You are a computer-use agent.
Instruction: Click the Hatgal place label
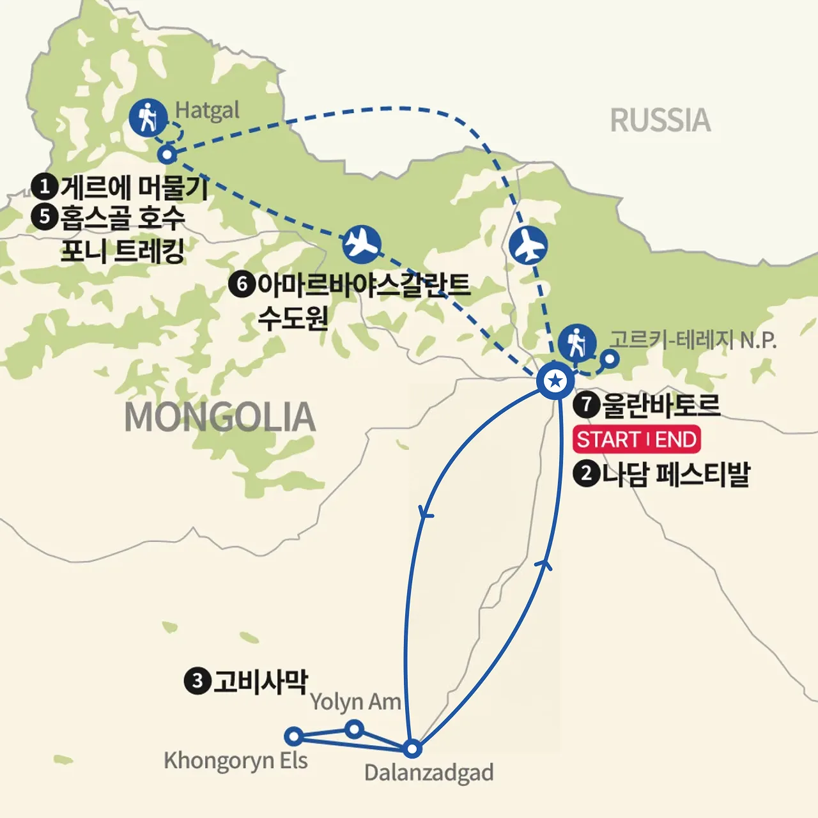coord(207,111)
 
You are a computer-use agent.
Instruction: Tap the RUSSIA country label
coord(660,120)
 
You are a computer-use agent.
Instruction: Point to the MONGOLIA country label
coord(220,417)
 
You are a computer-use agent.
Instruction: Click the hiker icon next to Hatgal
coord(148,117)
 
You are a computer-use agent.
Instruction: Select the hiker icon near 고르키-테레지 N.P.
coord(577,343)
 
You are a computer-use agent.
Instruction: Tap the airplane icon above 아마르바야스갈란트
coord(362,244)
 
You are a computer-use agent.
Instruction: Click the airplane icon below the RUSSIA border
coord(529,245)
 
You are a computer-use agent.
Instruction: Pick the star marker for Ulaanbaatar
coord(555,382)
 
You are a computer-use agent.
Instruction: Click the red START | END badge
coord(637,440)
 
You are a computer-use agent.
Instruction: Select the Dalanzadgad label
coord(429,773)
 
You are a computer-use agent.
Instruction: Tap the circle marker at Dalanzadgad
coord(412,748)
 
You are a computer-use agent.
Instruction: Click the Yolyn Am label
coord(355,702)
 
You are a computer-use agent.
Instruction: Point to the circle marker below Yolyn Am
coord(354,729)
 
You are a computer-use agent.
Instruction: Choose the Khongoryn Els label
coord(236,760)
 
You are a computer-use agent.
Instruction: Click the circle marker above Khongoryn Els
coord(293,736)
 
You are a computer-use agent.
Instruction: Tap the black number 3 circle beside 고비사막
coord(197,681)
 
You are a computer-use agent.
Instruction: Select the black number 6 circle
coord(242,284)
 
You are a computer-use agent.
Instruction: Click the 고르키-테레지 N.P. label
coord(693,339)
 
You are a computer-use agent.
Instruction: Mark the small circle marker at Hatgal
coord(167,154)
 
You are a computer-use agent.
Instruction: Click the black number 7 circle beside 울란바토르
coord(586,405)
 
